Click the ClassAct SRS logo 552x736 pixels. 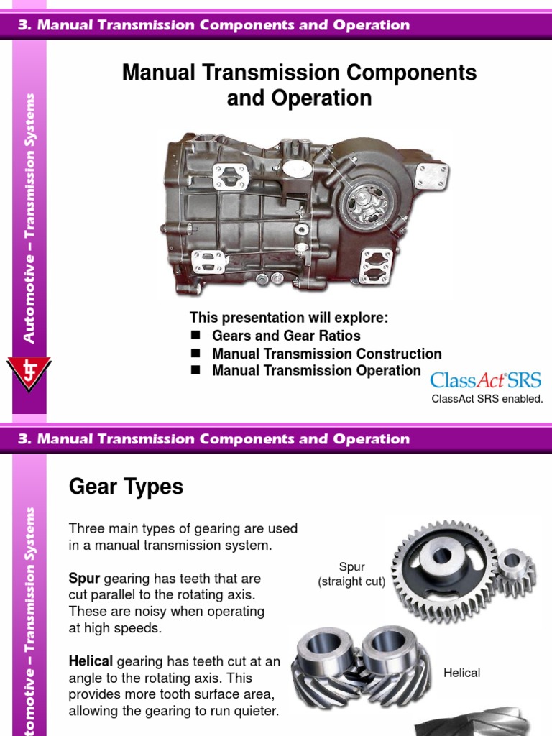[x=486, y=380]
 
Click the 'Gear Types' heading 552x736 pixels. [x=126, y=487]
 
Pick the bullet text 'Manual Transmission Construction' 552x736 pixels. [x=326, y=354]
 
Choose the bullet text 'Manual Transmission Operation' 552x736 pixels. [x=316, y=371]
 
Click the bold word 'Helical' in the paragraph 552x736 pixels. [x=91, y=661]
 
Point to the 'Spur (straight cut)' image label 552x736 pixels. [x=352, y=574]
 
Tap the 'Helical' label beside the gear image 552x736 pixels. [x=461, y=673]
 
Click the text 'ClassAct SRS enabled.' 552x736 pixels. [x=487, y=398]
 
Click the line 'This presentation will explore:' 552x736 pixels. [x=288, y=318]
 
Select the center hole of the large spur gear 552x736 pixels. [x=441, y=555]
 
